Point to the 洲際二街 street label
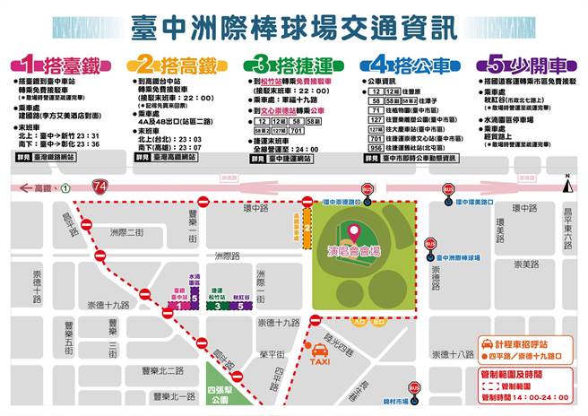[x=126, y=232]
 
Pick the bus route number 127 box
[x=376, y=118]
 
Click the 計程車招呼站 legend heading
[x=523, y=343]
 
